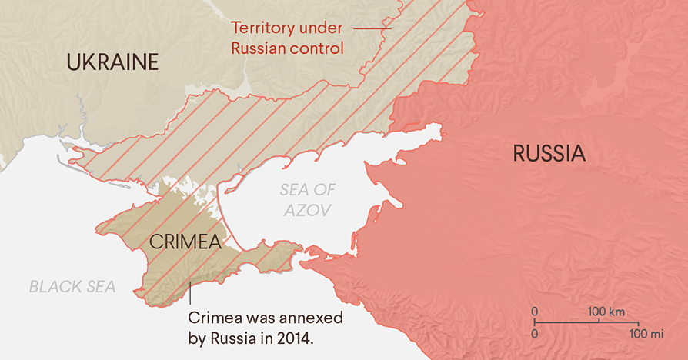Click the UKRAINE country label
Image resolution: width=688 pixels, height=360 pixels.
[x=112, y=62]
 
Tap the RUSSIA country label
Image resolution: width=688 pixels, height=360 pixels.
[x=549, y=154]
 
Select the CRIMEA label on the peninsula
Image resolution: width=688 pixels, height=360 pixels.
[x=185, y=242]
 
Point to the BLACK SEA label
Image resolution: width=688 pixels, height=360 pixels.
[x=72, y=287]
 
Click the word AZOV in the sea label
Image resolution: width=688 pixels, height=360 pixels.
[x=306, y=209]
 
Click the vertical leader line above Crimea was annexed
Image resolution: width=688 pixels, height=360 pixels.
[x=190, y=293]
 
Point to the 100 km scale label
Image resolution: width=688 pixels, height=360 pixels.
[x=606, y=312]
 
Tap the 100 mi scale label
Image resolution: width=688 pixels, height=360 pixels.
[x=646, y=334]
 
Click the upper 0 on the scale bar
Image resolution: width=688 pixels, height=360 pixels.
[x=535, y=312]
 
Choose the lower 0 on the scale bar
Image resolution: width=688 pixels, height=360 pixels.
[x=535, y=334]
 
